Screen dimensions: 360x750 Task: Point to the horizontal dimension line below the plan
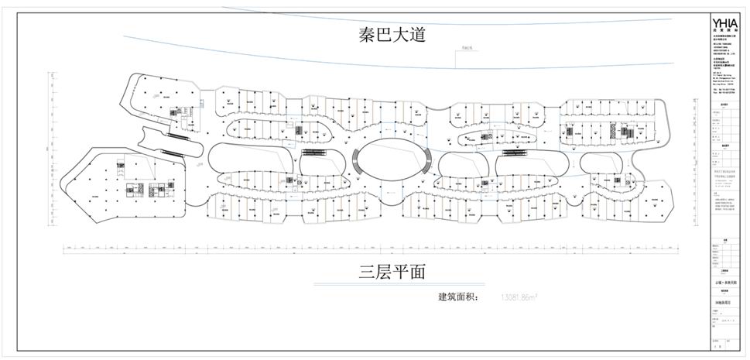click(x=372, y=249)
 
